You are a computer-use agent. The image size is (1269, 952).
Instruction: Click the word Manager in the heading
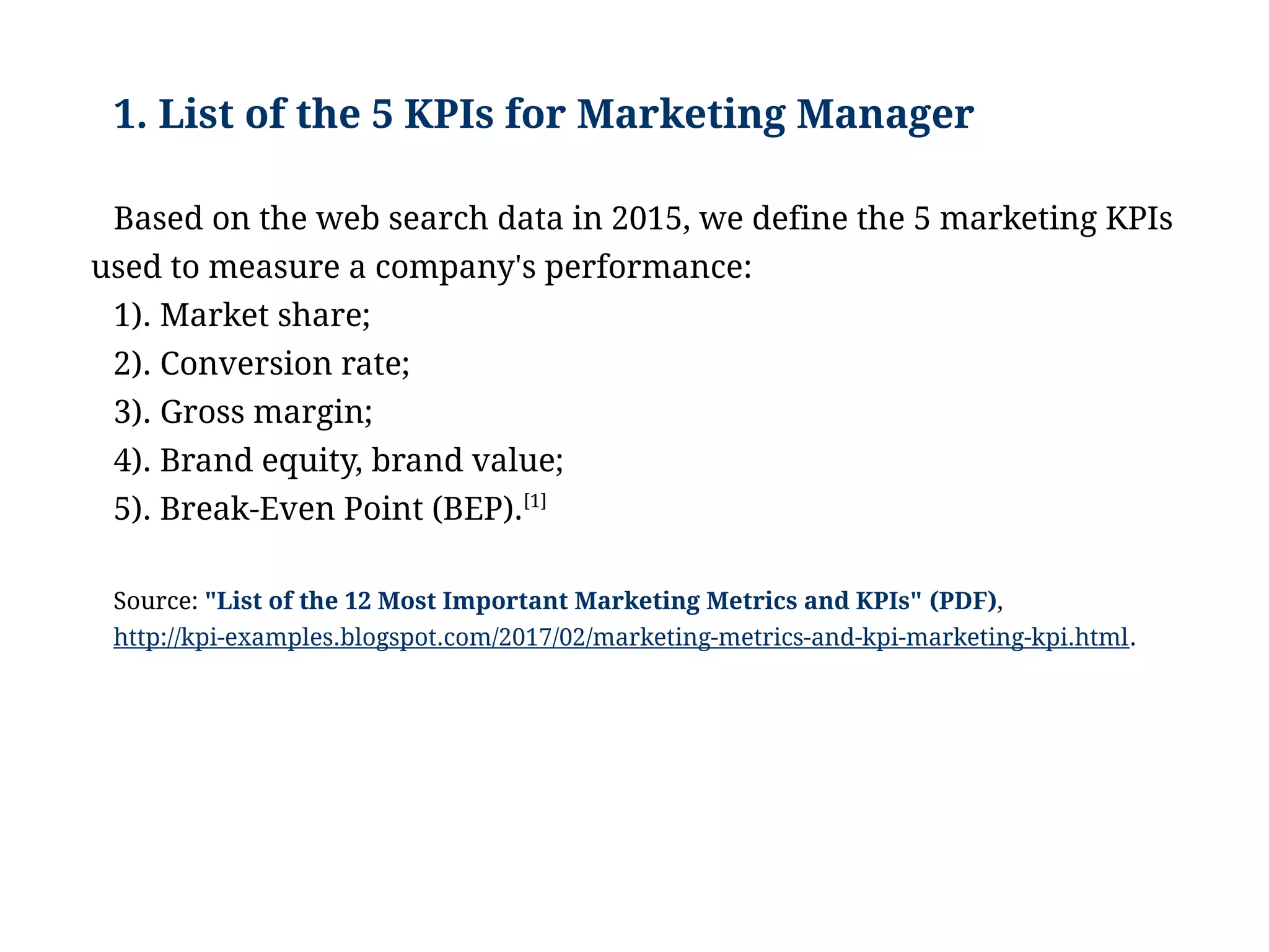click(x=885, y=115)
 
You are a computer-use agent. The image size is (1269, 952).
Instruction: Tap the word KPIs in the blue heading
click(x=449, y=115)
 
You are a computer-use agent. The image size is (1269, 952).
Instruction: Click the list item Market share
click(x=265, y=315)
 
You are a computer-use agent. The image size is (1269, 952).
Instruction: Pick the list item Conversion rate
click(x=284, y=363)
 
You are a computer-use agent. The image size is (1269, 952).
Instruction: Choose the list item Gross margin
click(x=266, y=412)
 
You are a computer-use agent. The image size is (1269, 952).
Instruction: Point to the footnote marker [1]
click(x=535, y=500)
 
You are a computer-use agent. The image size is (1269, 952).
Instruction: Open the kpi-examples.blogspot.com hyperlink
click(x=620, y=638)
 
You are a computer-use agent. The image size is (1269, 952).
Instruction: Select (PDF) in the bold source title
click(x=963, y=601)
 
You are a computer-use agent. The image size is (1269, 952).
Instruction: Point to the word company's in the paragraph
click(x=455, y=267)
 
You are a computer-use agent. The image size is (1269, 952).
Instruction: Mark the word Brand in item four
click(x=206, y=460)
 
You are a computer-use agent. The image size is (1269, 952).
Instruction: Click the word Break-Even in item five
click(x=247, y=509)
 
